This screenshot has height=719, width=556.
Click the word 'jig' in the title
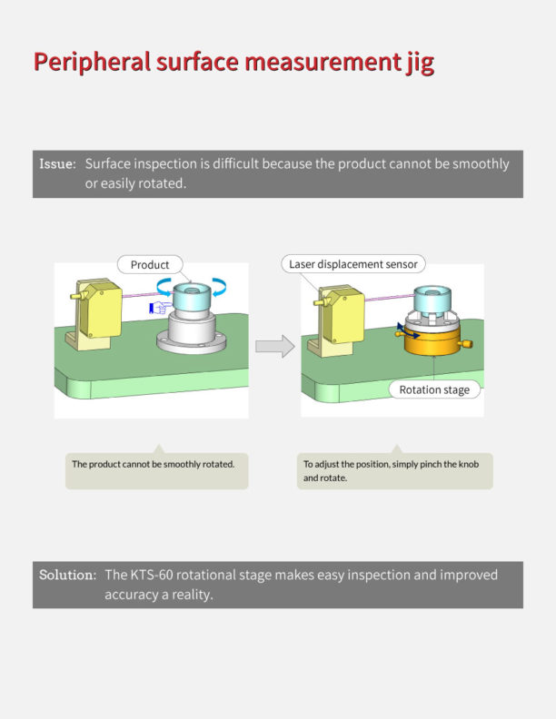[420, 63]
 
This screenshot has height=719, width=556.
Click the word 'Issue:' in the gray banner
[57, 163]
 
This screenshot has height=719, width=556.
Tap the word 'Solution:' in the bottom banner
[67, 575]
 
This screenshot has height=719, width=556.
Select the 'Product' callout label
[150, 264]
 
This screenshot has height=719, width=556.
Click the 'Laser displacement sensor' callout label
[353, 264]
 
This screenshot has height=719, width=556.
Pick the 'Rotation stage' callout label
[434, 389]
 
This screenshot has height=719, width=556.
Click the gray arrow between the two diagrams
[274, 346]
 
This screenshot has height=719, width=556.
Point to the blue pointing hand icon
[160, 308]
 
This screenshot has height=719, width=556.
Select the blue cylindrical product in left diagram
[192, 297]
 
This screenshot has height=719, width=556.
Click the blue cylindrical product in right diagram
[432, 299]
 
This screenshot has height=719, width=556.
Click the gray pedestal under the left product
[192, 332]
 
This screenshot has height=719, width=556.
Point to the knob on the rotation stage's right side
[466, 344]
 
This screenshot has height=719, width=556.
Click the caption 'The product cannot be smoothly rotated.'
[154, 464]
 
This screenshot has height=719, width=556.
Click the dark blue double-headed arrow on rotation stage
[408, 330]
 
